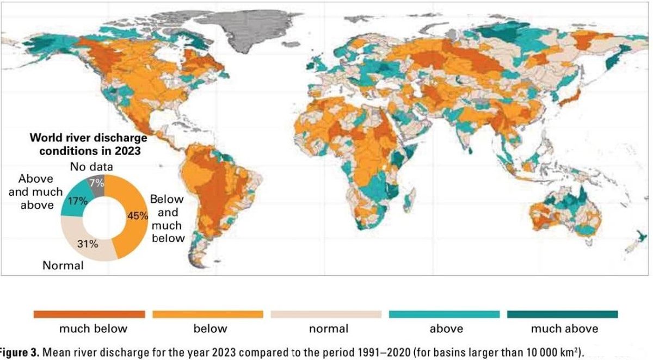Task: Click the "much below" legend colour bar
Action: pyautogui.click(x=89, y=314)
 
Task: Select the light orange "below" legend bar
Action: pyautogui.click(x=208, y=314)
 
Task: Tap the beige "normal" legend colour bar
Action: pyautogui.click(x=326, y=314)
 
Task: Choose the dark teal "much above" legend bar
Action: pyautogui.click(x=563, y=314)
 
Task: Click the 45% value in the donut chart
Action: pyautogui.click(x=137, y=215)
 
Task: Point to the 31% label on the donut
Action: pyautogui.click(x=87, y=244)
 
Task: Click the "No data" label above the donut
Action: pyautogui.click(x=92, y=167)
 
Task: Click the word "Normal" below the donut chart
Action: pyautogui.click(x=63, y=265)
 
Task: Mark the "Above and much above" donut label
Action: pyautogui.click(x=36, y=191)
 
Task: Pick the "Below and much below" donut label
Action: pyautogui.click(x=168, y=219)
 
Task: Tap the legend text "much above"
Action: pyautogui.click(x=564, y=328)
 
